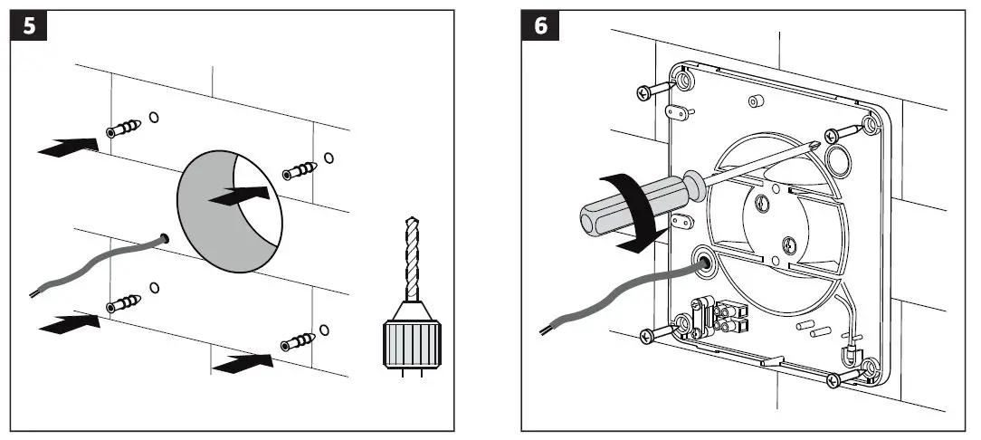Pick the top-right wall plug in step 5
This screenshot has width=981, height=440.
tap(300, 169)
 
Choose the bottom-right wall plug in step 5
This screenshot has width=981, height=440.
tap(298, 342)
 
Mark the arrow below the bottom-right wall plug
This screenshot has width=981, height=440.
tap(243, 364)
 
